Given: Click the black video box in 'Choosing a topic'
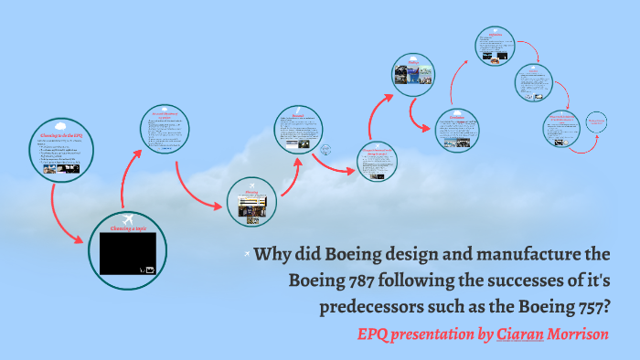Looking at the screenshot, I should [128, 253].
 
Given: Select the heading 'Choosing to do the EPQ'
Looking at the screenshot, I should [60, 135].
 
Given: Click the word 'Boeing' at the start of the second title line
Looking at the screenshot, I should [315, 280].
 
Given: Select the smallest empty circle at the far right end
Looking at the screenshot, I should [596, 122].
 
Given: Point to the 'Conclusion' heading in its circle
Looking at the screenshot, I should [456, 115].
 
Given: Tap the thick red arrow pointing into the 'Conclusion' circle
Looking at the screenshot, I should [420, 120].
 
